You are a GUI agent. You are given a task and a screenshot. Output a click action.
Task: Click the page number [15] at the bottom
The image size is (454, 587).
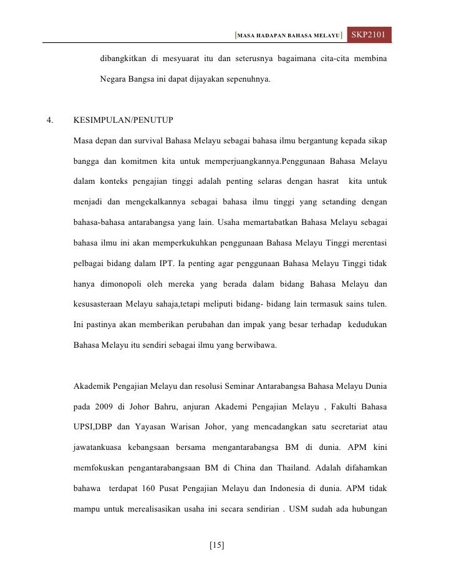click(217, 545)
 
